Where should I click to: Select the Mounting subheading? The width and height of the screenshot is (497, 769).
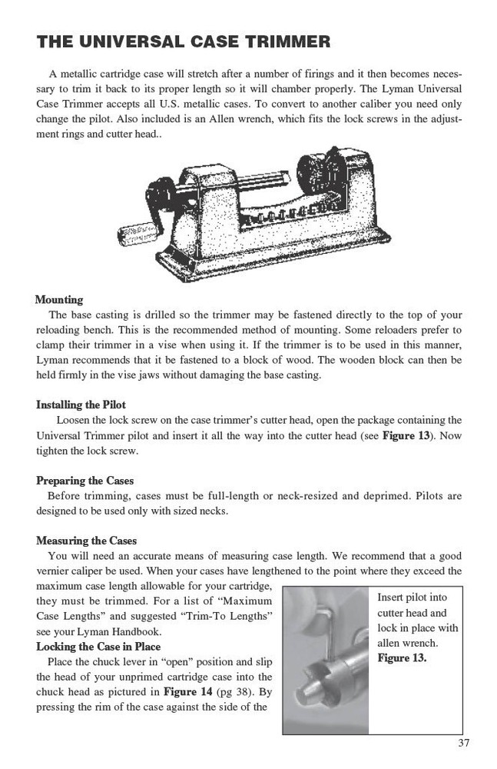[x=59, y=300]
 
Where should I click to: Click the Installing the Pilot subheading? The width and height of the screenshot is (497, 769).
[x=81, y=404]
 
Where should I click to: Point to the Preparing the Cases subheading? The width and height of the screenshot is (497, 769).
[x=84, y=481]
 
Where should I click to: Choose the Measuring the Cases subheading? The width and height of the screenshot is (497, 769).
[x=86, y=541]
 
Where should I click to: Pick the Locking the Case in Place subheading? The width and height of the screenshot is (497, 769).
[x=98, y=647]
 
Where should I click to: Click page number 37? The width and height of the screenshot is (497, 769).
[x=462, y=742]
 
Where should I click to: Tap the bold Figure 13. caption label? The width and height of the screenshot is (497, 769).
[x=402, y=658]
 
